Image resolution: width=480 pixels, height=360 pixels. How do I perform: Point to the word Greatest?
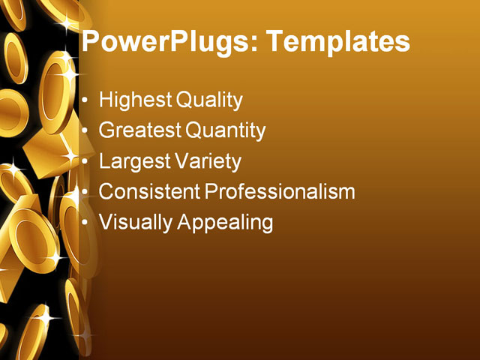(140, 130)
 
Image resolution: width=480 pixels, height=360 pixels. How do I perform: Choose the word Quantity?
(226, 130)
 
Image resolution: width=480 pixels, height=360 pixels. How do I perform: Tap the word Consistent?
(150, 192)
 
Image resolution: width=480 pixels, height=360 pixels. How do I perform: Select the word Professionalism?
(280, 192)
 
